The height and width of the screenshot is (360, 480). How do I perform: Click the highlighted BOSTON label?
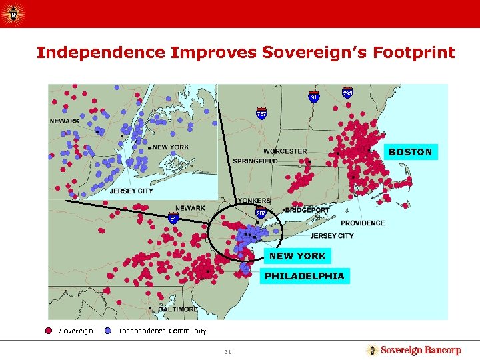click(410, 152)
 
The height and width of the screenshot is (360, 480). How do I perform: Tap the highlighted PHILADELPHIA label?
click(305, 276)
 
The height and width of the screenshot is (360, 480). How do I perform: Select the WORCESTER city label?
click(285, 151)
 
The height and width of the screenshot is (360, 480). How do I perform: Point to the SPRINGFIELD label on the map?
click(255, 161)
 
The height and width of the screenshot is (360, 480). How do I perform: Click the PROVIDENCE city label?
click(363, 223)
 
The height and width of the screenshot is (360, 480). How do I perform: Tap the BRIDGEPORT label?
click(307, 210)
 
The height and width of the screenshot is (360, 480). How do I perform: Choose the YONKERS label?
click(254, 200)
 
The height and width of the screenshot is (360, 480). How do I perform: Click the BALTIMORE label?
click(178, 309)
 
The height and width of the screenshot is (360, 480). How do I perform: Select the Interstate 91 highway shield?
click(313, 97)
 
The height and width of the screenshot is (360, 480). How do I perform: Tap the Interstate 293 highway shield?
click(347, 93)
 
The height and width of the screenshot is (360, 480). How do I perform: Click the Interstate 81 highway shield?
click(172, 217)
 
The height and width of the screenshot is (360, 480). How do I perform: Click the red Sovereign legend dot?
click(49, 331)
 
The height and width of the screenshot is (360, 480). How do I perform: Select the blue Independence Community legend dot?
click(108, 331)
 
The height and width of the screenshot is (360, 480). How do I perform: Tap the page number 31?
click(227, 352)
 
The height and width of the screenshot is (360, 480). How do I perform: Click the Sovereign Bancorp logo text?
click(421, 350)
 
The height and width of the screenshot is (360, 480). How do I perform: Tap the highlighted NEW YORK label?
click(297, 256)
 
